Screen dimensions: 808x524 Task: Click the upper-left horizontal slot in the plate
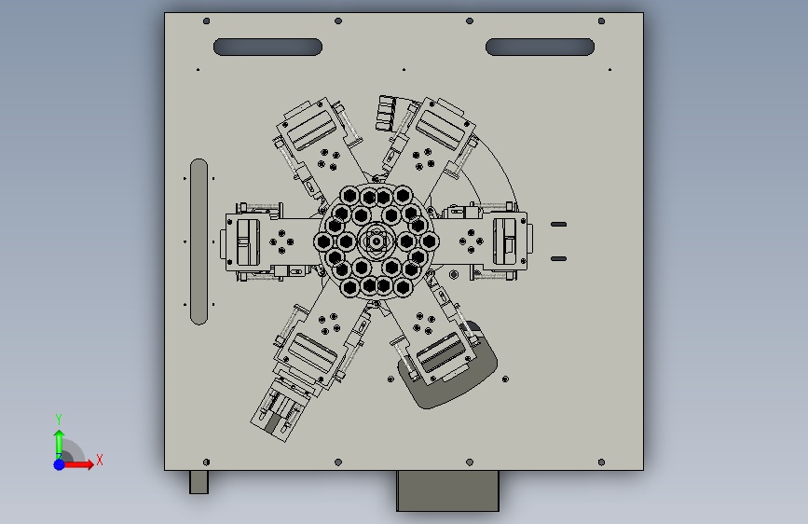(268, 47)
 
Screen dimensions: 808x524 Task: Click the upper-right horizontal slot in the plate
(540, 47)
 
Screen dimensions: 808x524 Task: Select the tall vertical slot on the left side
(199, 241)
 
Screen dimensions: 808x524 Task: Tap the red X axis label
(100, 460)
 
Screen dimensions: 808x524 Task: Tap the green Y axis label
(59, 419)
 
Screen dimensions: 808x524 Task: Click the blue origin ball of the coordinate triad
(60, 464)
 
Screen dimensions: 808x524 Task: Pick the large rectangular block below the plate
(447, 490)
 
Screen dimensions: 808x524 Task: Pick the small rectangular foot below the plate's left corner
(199, 482)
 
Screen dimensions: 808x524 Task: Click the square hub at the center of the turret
(377, 241)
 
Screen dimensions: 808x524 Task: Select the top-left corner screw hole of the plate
(207, 21)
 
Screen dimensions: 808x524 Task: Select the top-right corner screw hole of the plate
(601, 21)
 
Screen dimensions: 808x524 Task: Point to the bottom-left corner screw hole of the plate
(207, 462)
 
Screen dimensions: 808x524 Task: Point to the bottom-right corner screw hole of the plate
(601, 462)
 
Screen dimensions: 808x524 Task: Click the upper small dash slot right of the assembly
(558, 225)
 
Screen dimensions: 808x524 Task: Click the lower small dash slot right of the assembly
(558, 259)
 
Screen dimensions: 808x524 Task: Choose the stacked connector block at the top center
(387, 114)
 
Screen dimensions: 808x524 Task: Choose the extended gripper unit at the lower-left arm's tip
(276, 411)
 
